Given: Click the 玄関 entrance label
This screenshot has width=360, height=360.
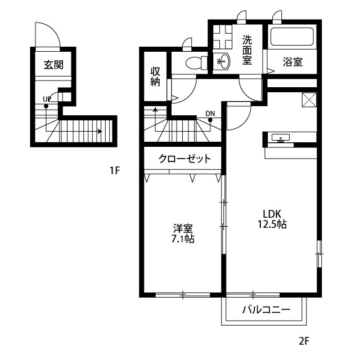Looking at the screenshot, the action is tap(53, 65).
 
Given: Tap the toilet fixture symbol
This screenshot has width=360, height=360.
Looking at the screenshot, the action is tap(196, 62).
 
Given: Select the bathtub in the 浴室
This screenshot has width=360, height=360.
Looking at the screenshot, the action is tap(292, 37).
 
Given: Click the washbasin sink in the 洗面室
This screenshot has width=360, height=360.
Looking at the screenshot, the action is tap(223, 61).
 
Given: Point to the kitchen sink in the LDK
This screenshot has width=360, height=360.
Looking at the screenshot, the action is tap(281, 138).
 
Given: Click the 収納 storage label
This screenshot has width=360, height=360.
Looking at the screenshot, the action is tap(155, 76).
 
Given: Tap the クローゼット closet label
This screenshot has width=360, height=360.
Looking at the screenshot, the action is tap(184, 159).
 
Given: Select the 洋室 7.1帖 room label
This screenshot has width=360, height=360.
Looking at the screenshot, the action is tap(183, 233).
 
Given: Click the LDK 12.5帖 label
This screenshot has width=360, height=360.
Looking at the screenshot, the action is tap(272, 219).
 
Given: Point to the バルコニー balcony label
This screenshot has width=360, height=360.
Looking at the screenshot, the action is tap(266, 310).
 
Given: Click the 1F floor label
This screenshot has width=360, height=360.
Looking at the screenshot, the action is tap(115, 170).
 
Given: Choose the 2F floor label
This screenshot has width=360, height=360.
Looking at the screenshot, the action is tap(304, 341).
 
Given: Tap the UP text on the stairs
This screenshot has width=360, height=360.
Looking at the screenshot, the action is tap(47, 99).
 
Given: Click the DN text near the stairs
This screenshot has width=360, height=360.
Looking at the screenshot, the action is tap(210, 114).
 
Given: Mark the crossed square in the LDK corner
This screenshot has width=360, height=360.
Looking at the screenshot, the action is tap(309, 100).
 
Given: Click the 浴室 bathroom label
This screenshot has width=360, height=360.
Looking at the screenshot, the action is tap(292, 62).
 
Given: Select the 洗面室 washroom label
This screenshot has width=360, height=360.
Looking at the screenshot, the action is tap(247, 50).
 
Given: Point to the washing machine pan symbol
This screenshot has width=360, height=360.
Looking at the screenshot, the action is tap(222, 37).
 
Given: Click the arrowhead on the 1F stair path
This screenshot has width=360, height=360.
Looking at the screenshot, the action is tap(100, 132).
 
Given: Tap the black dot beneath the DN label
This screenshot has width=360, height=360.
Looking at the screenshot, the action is tap(210, 120).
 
